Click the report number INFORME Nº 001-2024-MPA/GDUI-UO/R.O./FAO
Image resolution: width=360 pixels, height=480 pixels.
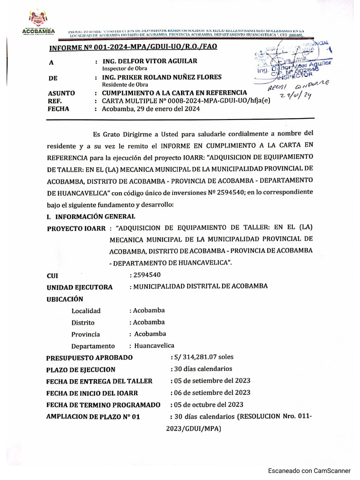coord(134,47)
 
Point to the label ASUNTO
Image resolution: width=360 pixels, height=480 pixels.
coord(61,93)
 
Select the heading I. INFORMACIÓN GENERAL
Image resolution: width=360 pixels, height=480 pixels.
coord(91,216)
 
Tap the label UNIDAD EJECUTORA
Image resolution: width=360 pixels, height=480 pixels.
coord(79,287)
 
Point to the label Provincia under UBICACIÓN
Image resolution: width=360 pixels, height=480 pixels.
coord(86,334)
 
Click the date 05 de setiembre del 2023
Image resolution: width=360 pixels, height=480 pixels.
coord(211,381)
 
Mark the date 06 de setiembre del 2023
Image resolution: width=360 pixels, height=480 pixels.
coord(211,392)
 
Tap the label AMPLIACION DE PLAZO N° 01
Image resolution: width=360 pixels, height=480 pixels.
coord(93,416)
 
